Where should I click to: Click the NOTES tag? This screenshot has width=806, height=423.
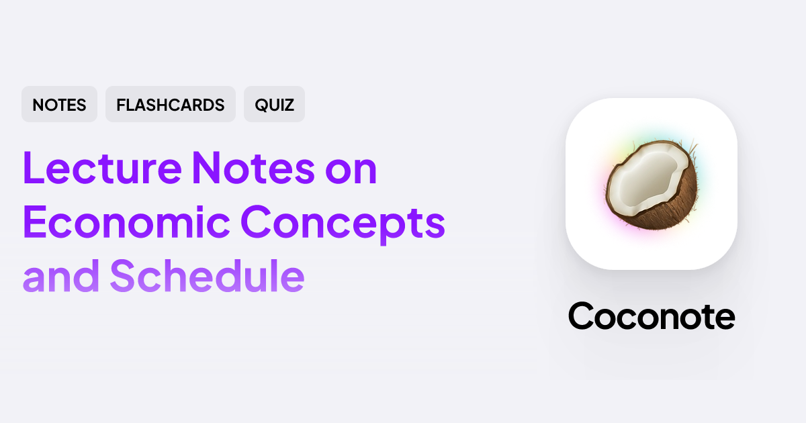59,105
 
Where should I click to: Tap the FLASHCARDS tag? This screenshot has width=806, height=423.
171,105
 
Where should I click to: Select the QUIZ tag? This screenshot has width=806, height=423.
274,105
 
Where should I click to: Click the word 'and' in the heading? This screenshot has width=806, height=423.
59,276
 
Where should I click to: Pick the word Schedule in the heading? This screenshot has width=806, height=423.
207,276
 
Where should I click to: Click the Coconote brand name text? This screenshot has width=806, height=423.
652,315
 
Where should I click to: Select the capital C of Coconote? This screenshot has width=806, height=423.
582,315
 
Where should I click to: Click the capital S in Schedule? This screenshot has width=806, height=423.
123,276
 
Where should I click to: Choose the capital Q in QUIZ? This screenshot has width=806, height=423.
261,105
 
